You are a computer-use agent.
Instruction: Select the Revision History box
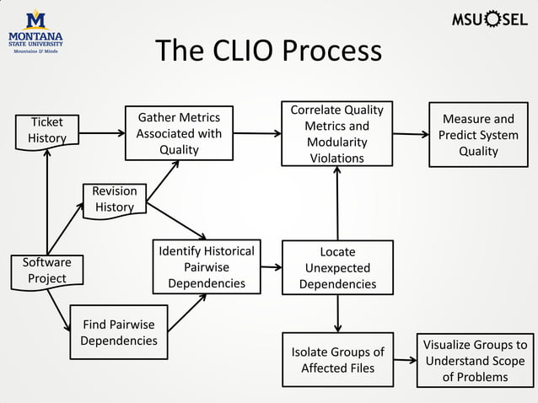click(114, 200)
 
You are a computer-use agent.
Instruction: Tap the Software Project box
click(46, 271)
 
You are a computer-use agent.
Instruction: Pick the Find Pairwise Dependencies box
click(118, 332)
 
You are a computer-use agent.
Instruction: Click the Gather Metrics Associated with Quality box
click(179, 133)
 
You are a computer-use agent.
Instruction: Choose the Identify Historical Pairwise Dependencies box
click(206, 267)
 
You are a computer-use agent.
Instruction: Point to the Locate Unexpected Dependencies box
click(337, 267)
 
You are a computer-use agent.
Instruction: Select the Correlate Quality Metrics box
click(336, 133)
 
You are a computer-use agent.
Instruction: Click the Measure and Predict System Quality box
click(478, 135)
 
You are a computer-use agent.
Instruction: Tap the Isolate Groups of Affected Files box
click(336, 360)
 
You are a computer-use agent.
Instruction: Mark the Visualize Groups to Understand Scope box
click(475, 360)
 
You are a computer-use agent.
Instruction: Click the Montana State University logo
click(35, 32)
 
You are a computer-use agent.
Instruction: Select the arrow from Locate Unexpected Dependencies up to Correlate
click(337, 202)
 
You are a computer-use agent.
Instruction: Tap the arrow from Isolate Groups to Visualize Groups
click(405, 361)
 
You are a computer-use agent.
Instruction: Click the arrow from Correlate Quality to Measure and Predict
click(411, 134)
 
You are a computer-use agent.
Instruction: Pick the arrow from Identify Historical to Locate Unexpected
click(270, 267)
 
